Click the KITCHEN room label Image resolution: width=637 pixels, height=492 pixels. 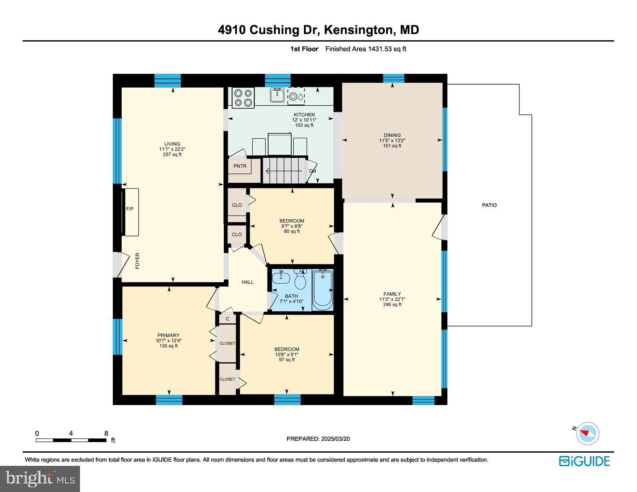304,115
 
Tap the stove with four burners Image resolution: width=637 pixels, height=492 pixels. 243,98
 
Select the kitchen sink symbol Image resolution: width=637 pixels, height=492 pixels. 277,95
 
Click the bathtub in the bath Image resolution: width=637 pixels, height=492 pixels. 322,289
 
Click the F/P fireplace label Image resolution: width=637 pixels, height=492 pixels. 130,209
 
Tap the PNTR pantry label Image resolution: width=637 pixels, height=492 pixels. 240,166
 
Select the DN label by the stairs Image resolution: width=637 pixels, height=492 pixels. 312,171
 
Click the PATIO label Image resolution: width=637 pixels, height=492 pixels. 489,205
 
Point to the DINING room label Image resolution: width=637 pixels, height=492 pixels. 392,135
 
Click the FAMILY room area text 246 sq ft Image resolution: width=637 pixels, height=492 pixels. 392,305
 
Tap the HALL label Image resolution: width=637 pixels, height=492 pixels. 248,282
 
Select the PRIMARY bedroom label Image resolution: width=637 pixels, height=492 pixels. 168,335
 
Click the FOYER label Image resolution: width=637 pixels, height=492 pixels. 137,261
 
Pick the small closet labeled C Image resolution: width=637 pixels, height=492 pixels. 228,319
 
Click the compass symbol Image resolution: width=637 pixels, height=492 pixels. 587,433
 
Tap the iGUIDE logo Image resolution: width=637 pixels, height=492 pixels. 584,461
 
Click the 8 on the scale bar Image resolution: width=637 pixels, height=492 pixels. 106,433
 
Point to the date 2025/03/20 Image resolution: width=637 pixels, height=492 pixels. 335,439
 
